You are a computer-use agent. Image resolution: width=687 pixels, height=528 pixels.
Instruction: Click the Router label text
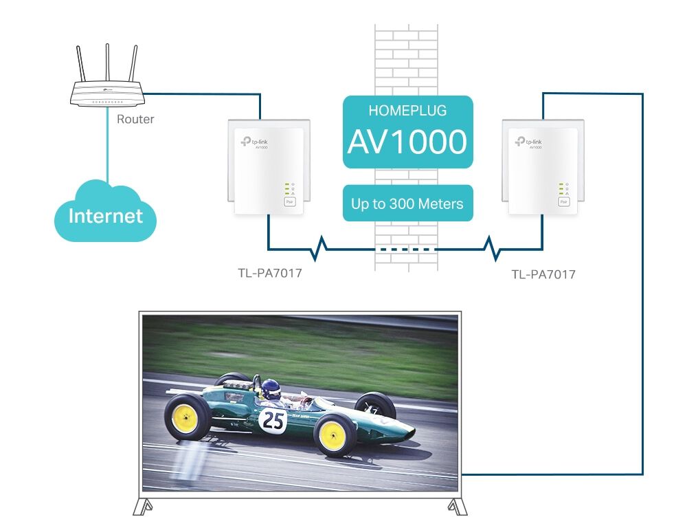point(135,119)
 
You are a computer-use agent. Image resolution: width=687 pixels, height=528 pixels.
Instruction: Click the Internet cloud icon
point(106,214)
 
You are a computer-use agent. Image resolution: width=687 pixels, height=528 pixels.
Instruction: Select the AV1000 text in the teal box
point(407,142)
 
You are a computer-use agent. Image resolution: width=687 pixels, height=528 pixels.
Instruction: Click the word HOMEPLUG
point(407,110)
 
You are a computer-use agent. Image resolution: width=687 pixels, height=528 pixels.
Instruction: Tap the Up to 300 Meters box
point(407,203)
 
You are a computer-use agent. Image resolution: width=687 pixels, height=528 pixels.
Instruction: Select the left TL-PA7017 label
point(269,273)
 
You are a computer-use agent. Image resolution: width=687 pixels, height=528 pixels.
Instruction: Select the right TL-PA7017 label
point(543,274)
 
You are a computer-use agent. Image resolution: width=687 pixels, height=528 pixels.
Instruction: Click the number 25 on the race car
point(273,420)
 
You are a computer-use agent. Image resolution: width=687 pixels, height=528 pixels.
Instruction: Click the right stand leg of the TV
point(456,507)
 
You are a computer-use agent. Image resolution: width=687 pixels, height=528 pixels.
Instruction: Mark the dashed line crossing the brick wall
point(407,249)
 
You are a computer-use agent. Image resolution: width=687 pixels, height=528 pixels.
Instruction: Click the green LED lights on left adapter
point(286,189)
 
